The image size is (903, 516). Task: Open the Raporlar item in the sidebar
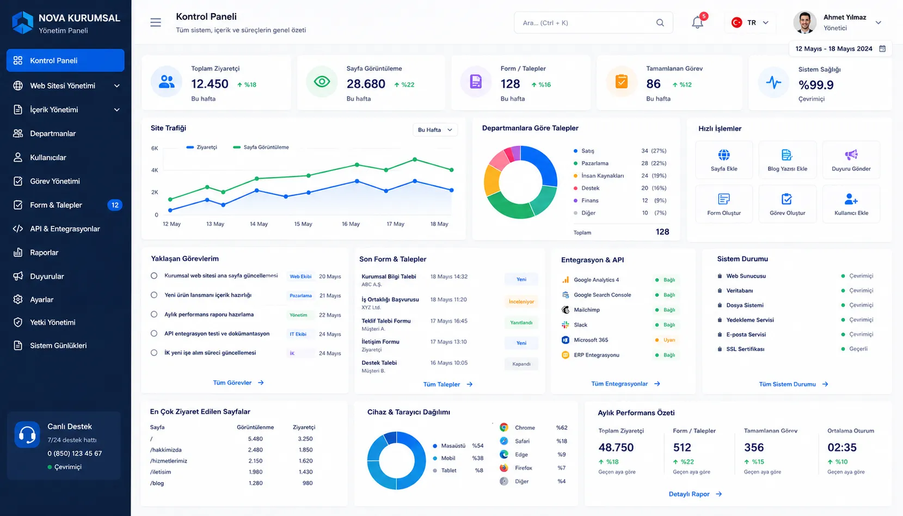coord(44,253)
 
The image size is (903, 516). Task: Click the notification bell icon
coord(697,22)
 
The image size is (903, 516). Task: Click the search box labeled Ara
coord(593,22)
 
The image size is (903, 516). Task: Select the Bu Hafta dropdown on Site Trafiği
coord(435,130)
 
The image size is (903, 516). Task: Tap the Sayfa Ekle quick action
coord(723,160)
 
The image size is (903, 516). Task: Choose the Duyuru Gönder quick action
coord(851,160)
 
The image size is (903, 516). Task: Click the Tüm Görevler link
coord(238,383)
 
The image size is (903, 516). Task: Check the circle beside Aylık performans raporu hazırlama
coord(154,315)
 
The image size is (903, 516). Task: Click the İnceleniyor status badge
coord(521,302)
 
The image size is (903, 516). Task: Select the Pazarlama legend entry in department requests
coord(594,163)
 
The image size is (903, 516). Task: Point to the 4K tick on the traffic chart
coord(155,170)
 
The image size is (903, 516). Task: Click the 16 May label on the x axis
coord(351,224)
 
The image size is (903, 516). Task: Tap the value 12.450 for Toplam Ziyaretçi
coord(210,84)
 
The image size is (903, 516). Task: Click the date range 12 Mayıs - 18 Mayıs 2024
coord(834,49)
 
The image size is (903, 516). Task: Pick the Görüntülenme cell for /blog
coord(255,483)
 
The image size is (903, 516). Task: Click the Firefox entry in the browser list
coord(523,468)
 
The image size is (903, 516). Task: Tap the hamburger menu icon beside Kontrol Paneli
coord(156,22)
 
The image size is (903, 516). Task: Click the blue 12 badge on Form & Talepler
coord(115,205)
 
